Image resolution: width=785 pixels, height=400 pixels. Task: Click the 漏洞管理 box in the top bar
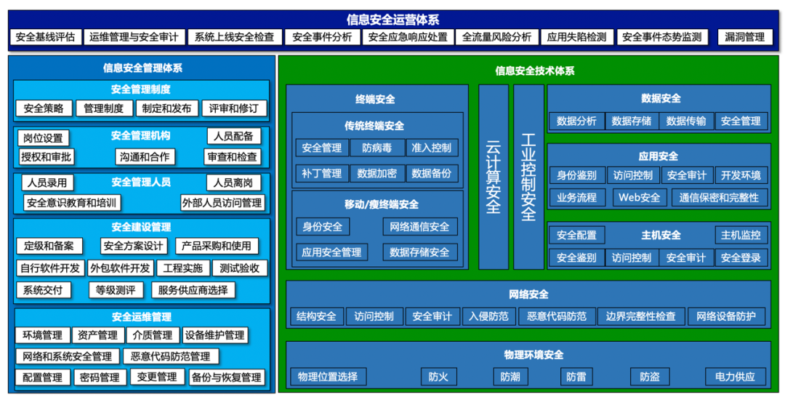(744, 37)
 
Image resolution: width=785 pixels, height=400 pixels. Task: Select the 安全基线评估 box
(44, 37)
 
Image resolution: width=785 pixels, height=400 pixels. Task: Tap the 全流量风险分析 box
(496, 37)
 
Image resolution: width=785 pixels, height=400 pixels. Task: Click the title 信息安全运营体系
(392, 20)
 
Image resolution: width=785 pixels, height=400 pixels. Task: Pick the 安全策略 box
(44, 108)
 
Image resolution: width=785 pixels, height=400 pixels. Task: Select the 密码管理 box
(100, 377)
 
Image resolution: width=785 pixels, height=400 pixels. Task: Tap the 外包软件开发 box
(120, 268)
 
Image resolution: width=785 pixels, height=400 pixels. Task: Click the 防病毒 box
(377, 148)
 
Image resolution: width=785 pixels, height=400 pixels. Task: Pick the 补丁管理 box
(321, 173)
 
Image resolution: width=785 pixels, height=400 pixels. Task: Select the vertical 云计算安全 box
(493, 177)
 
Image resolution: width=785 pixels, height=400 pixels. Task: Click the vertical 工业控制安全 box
(528, 177)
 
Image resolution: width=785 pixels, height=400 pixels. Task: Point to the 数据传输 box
(686, 121)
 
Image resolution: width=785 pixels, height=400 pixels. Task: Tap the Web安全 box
(640, 197)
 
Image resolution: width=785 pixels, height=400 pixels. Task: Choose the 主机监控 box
(741, 235)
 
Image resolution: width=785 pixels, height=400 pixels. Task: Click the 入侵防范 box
(488, 316)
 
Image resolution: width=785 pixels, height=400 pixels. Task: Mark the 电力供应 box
(735, 377)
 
